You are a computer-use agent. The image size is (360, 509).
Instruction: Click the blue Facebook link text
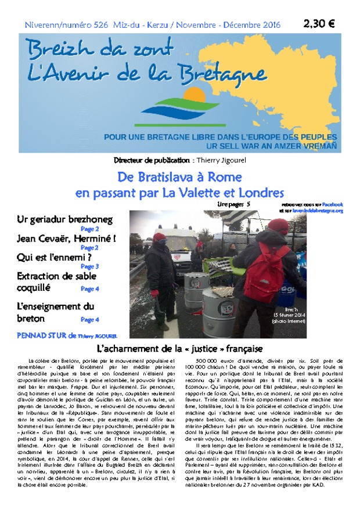point(333,204)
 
